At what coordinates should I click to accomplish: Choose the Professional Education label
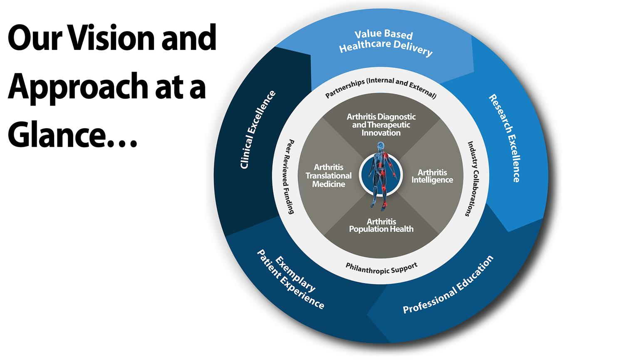448,285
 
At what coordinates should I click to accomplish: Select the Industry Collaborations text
474,179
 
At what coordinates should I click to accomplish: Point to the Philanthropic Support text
381,268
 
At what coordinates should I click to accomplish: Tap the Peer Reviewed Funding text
290,176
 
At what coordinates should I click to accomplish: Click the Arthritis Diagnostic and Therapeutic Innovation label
381,125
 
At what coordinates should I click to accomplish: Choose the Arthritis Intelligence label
432,176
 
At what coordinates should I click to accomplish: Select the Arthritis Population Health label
381,225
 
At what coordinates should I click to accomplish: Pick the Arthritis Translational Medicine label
329,176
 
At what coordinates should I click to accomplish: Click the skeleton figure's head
380,146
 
